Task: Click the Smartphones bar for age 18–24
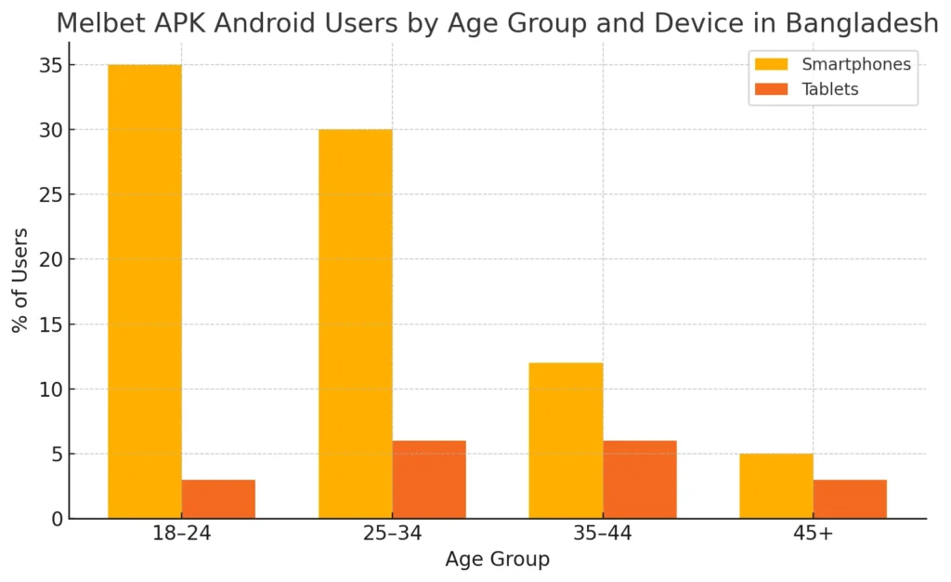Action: [x=145, y=291]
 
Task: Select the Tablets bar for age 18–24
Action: [x=218, y=499]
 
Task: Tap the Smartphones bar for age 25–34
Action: [x=355, y=324]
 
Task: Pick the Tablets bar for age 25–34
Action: [x=428, y=480]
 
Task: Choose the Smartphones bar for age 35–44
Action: [x=566, y=441]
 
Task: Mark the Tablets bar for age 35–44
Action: [x=639, y=480]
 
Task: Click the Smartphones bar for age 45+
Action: [x=776, y=486]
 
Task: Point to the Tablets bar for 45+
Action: [x=850, y=499]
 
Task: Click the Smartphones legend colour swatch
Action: [x=771, y=64]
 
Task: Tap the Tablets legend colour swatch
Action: [x=771, y=89]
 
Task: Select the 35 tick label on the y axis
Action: [x=51, y=65]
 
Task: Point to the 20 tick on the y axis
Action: [x=51, y=259]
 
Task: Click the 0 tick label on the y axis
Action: [x=57, y=519]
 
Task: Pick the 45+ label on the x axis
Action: [x=813, y=535]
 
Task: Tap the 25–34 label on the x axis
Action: [x=392, y=535]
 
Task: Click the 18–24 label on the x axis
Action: [x=181, y=535]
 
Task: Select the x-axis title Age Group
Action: [x=497, y=560]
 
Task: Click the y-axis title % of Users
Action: [x=20, y=279]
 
